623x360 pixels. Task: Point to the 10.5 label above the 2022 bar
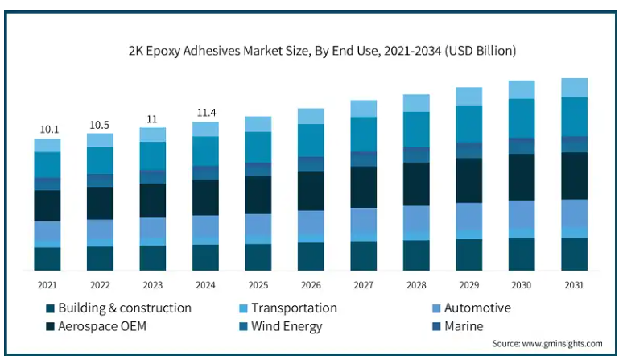pyautogui.click(x=100, y=125)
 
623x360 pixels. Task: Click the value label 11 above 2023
pyautogui.click(x=152, y=119)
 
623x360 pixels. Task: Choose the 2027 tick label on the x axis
pyautogui.click(x=363, y=284)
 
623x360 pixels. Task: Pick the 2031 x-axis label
pyautogui.click(x=574, y=284)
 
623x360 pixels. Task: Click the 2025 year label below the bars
pyautogui.click(x=258, y=284)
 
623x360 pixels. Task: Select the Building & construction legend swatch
pyautogui.click(x=50, y=308)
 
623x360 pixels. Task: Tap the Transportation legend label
pyautogui.click(x=294, y=308)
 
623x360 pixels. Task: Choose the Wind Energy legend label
pyautogui.click(x=287, y=326)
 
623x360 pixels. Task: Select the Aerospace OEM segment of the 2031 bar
pyautogui.click(x=574, y=176)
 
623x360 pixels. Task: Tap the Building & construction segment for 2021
pyautogui.click(x=47, y=259)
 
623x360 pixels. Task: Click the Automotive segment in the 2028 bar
pyautogui.click(x=416, y=218)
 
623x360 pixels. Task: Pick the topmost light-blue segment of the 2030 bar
pyautogui.click(x=522, y=89)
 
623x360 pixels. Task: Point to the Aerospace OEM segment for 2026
pyautogui.click(x=311, y=190)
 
